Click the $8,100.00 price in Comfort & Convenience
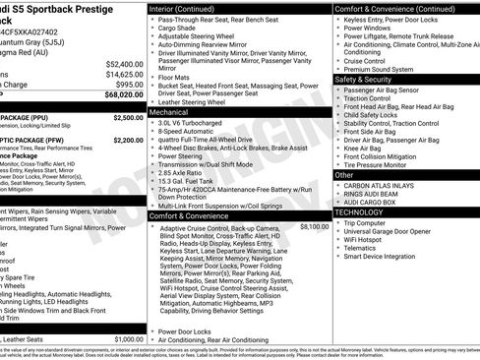[314, 227]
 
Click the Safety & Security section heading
[370, 80]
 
